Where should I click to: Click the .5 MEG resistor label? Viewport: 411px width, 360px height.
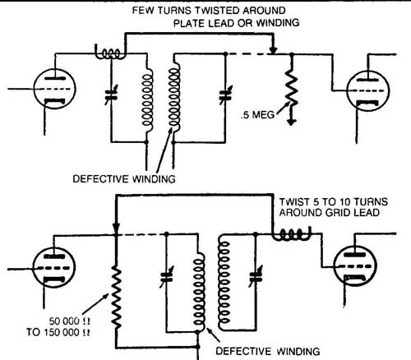pos(257,114)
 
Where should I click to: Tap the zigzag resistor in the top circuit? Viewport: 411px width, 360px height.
pos(292,88)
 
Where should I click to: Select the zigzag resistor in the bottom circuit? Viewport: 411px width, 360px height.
pos(117,298)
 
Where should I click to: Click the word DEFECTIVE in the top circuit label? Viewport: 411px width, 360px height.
pos(100,179)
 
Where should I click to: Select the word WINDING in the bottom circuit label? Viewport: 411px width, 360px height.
pos(298,351)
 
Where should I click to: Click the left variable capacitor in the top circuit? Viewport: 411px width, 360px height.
pos(112,95)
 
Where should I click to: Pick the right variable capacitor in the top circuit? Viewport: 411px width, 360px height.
pos(225,95)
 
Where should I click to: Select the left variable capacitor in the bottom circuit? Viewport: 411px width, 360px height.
pos(166,277)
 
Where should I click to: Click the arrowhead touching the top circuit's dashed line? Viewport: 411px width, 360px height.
pos(273,49)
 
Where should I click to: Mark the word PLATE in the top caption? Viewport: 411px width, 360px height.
pos(189,23)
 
